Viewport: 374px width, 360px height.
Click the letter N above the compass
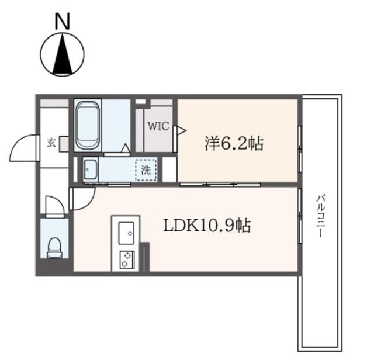(63, 21)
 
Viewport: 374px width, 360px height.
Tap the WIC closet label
(158, 126)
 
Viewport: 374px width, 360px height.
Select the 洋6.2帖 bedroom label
(234, 143)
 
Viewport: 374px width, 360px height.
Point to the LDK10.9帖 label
(207, 226)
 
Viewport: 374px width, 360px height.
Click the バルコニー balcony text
(320, 216)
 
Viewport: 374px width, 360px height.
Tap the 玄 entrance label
(51, 143)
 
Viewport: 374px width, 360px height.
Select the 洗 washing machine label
(146, 170)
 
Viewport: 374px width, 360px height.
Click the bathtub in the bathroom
(88, 125)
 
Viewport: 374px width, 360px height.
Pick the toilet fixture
(55, 248)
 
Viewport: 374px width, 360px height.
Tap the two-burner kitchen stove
(127, 260)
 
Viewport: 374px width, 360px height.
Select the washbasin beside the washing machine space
(91, 170)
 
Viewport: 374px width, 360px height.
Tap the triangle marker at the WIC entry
(182, 130)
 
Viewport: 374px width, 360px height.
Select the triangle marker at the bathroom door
(126, 148)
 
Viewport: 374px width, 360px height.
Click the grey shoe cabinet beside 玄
(64, 144)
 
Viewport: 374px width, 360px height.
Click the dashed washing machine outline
(146, 170)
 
